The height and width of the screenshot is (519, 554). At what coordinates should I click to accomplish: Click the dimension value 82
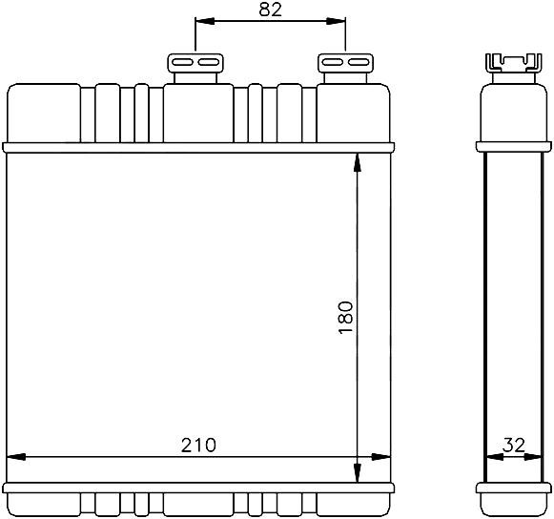(x=270, y=10)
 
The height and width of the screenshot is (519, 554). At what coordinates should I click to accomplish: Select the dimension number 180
(x=346, y=317)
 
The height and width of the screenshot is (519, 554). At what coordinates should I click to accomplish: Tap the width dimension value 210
(x=198, y=446)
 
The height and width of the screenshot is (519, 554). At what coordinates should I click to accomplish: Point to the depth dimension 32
(x=514, y=446)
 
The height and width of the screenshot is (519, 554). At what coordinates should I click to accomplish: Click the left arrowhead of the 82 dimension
(x=205, y=21)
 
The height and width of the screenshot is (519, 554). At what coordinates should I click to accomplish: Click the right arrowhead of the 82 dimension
(x=336, y=21)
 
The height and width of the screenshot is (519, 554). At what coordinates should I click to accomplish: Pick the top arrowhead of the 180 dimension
(x=358, y=162)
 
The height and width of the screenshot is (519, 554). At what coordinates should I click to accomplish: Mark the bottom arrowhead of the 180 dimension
(x=358, y=472)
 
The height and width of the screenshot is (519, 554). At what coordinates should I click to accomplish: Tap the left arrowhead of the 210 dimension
(x=16, y=457)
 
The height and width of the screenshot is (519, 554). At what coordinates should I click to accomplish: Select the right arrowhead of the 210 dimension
(x=380, y=457)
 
